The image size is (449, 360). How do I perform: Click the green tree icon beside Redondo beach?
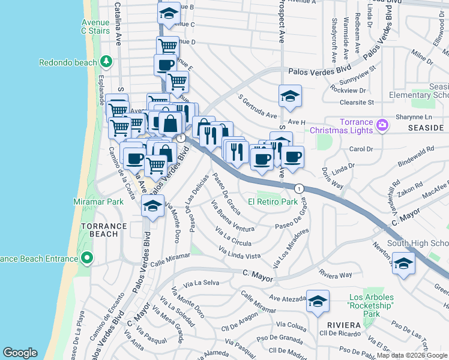(x=106, y=62)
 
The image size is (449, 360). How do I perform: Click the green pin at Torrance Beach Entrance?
(x=87, y=259)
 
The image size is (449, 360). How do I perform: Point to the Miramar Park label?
(x=98, y=202)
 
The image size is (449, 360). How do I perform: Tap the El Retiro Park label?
(x=273, y=202)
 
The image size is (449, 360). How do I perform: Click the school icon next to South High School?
(x=404, y=263)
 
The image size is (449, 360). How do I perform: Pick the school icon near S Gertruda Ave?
(x=290, y=96)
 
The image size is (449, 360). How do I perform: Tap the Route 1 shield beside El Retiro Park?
(x=299, y=188)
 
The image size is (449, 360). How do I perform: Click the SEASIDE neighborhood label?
(x=426, y=128)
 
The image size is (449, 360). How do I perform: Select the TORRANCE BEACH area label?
(x=104, y=230)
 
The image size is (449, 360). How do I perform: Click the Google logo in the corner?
(x=20, y=353)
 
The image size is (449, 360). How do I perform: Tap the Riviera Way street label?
(x=336, y=275)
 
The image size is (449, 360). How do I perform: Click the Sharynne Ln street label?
(x=413, y=117)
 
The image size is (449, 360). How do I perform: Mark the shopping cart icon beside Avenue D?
(x=167, y=47)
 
